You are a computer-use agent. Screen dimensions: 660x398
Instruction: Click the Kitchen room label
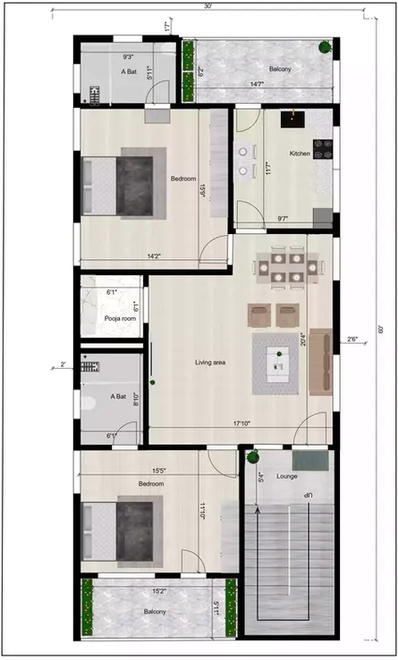pos(299,154)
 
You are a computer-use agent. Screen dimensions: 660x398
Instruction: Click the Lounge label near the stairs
pos(286,477)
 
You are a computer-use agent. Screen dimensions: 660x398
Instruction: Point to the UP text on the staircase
pos(306,494)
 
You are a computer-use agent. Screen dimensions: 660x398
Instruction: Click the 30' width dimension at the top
pos(207,6)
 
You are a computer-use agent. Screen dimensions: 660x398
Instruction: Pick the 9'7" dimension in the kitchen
pos(283,218)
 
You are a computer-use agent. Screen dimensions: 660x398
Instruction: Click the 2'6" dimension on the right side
pos(351,338)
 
